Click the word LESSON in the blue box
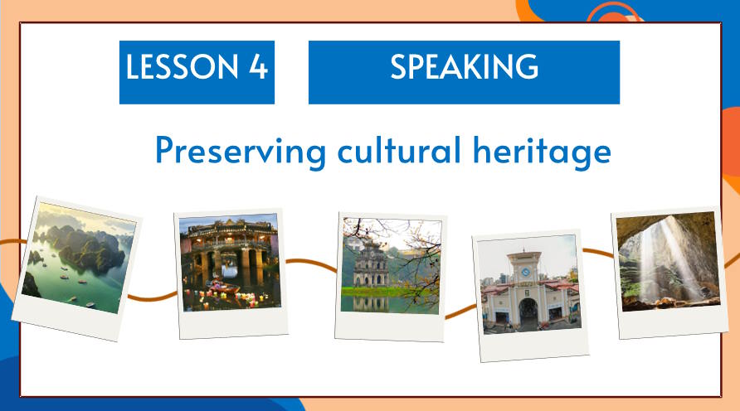pyautogui.click(x=183, y=66)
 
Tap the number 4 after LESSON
pyautogui.click(x=258, y=66)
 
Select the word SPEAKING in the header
pyautogui.click(x=464, y=66)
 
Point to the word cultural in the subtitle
pyautogui.click(x=399, y=149)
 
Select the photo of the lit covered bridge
pyautogui.click(x=230, y=262)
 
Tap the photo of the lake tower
pyautogui.click(x=392, y=266)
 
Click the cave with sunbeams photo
pyautogui.click(x=669, y=261)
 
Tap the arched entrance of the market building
pyautogui.click(x=528, y=313)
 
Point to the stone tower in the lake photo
pyautogui.click(x=371, y=264)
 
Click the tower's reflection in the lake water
pyautogui.click(x=371, y=303)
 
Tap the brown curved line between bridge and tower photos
pyautogui.click(x=311, y=264)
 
